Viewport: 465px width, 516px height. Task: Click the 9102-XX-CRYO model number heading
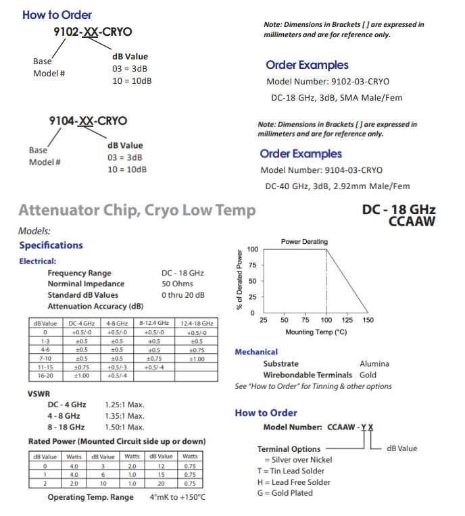(x=93, y=31)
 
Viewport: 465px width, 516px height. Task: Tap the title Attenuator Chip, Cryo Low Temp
(x=137, y=210)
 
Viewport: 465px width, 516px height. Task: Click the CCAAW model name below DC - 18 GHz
(x=412, y=221)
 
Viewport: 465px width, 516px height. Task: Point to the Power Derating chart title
(x=304, y=241)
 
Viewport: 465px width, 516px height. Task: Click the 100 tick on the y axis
(x=252, y=249)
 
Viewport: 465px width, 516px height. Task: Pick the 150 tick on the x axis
(x=368, y=320)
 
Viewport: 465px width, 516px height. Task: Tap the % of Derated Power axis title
(x=240, y=280)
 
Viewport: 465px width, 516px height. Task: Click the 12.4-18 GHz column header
(x=197, y=324)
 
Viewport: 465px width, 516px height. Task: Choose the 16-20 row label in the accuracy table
(x=45, y=375)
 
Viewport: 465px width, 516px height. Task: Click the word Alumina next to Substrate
(x=374, y=363)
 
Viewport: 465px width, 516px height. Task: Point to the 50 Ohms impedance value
(x=178, y=284)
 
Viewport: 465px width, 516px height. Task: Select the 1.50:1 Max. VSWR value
(x=125, y=427)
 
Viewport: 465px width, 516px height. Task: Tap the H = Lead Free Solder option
(x=294, y=482)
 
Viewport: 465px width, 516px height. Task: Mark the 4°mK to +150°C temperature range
(x=177, y=497)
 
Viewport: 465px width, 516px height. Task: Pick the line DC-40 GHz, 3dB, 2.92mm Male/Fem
(x=337, y=186)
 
